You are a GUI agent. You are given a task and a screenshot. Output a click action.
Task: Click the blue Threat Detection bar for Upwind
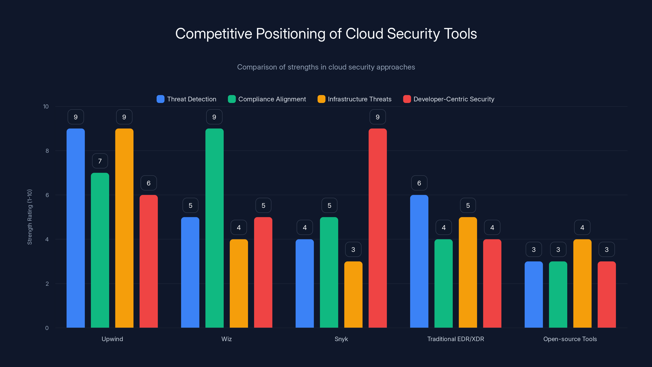coord(76,228)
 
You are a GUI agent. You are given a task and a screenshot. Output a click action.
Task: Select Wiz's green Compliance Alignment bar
coord(214,228)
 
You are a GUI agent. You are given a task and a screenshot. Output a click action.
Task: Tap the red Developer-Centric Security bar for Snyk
coord(378,228)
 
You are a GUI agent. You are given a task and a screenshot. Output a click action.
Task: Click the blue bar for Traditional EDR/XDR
coord(419,261)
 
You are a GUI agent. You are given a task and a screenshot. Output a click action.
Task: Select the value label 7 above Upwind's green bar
coord(100,161)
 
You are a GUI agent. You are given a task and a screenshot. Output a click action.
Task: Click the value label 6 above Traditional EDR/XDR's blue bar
coord(419,183)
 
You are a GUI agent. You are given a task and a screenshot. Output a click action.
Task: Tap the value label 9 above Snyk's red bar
coord(378,117)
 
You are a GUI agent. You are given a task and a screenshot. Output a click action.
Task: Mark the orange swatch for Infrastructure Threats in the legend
coord(321,99)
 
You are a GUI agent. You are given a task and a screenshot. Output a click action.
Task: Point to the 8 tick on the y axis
coord(47,151)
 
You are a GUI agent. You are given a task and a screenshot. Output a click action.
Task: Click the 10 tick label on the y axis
coord(46,106)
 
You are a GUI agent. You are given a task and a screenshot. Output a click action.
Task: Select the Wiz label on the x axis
coord(227,339)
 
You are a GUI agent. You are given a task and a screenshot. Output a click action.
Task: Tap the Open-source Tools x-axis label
coord(570,339)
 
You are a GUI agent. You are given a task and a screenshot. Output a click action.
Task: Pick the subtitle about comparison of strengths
coord(326,67)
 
